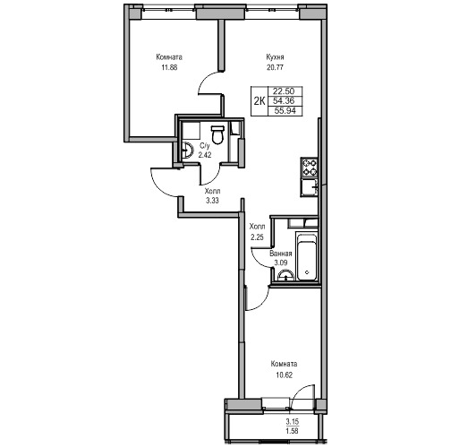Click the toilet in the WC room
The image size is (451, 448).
(x=217, y=134)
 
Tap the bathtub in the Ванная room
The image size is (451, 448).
(x=306, y=257)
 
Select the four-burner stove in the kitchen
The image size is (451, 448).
(x=310, y=168)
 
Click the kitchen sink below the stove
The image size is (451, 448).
(x=310, y=187)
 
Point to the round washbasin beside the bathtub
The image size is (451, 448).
(x=285, y=275)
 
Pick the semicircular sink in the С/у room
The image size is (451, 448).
(x=188, y=150)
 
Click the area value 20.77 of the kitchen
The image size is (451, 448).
(x=275, y=67)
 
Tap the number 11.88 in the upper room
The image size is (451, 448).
(x=169, y=67)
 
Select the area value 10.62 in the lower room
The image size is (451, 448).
(x=284, y=375)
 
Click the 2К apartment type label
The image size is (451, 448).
(x=260, y=101)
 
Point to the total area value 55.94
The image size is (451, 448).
(x=285, y=111)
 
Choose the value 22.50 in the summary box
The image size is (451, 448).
(x=284, y=91)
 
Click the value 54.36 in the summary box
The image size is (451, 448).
(x=284, y=101)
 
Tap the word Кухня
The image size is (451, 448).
(x=275, y=57)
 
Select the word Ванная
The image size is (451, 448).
(x=281, y=254)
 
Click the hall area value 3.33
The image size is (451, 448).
(x=212, y=201)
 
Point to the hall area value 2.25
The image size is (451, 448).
(x=258, y=237)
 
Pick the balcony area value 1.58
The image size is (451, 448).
(x=292, y=431)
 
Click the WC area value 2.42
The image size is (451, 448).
(x=205, y=155)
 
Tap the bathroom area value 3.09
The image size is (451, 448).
(x=281, y=263)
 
